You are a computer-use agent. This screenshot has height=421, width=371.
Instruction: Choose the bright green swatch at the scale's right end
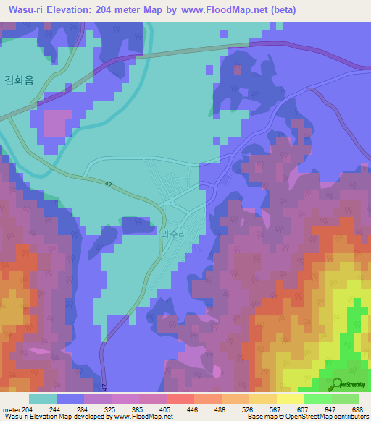pos(346,399)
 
